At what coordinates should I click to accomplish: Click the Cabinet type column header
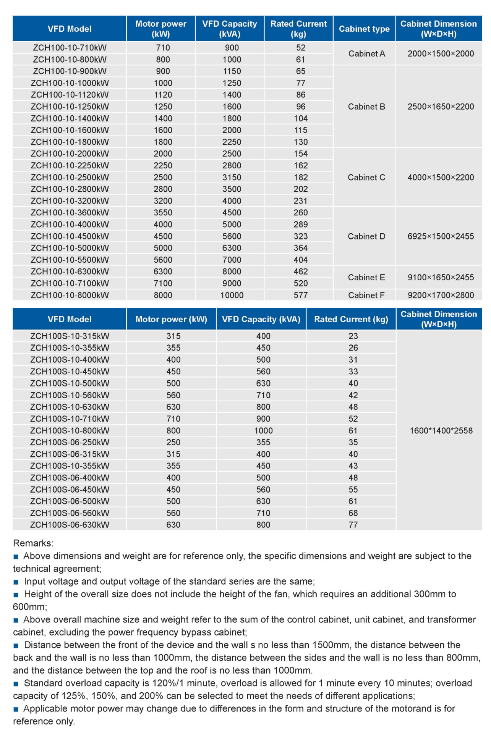(364, 29)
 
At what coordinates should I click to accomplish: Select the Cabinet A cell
(366, 53)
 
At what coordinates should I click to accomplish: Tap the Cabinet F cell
(366, 295)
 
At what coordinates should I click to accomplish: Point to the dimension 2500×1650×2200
(441, 107)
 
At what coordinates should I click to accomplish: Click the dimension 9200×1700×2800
(441, 295)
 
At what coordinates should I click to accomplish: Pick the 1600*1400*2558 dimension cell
(441, 431)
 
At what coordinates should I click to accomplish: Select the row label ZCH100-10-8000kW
(70, 295)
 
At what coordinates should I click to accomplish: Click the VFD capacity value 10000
(232, 295)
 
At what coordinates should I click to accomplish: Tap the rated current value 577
(300, 295)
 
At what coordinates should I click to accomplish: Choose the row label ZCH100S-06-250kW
(70, 442)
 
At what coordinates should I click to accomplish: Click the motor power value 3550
(163, 213)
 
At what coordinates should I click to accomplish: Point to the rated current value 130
(301, 142)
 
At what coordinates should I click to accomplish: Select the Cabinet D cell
(366, 236)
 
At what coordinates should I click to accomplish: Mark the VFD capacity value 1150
(232, 71)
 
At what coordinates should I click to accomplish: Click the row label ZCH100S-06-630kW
(70, 525)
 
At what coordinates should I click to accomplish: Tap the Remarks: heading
(33, 543)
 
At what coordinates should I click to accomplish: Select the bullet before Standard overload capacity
(16, 683)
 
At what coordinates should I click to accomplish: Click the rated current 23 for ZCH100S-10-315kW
(353, 336)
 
